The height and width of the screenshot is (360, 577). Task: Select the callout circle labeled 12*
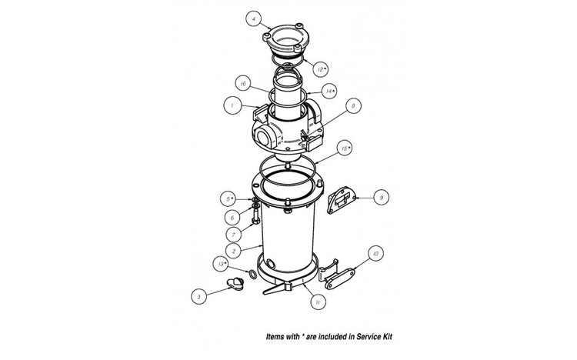tap(342, 68)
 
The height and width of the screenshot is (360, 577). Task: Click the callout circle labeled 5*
tap(229, 198)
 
